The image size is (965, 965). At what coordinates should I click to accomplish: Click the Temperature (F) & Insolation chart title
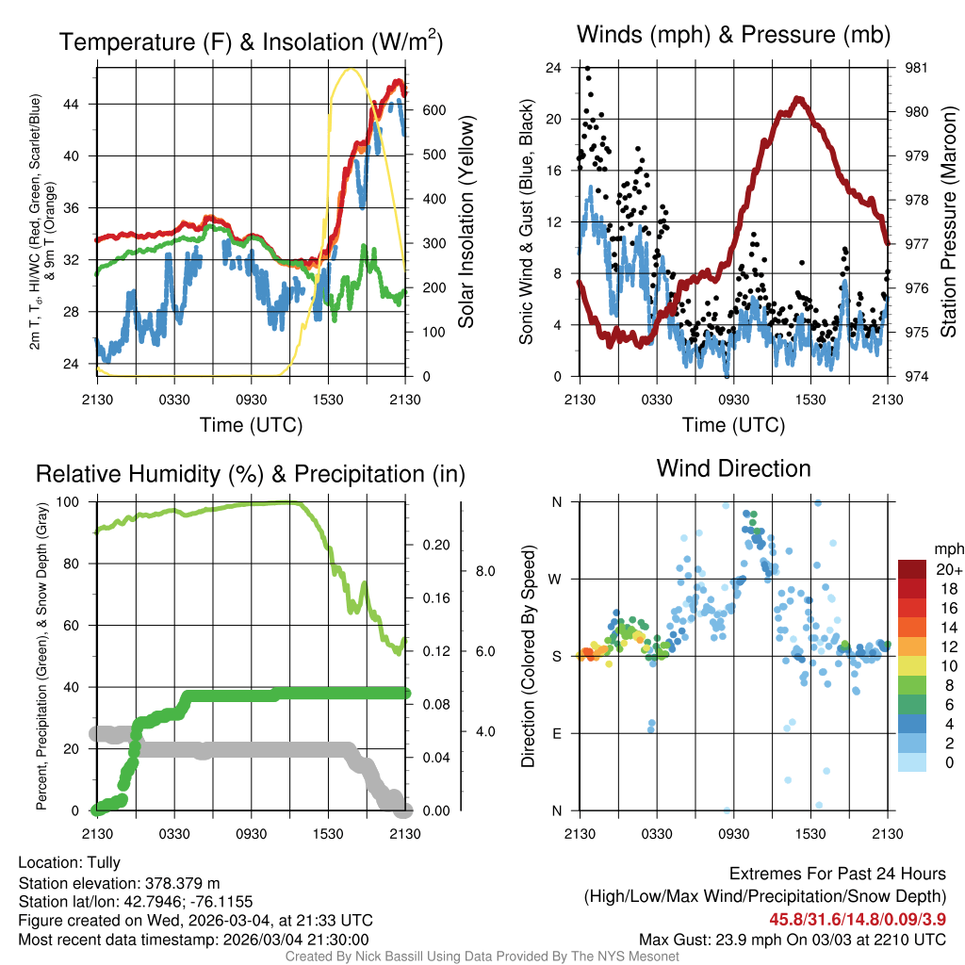(x=251, y=41)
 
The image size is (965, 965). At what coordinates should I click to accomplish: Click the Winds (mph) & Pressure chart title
(x=734, y=35)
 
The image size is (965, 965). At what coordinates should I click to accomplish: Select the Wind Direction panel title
(x=733, y=468)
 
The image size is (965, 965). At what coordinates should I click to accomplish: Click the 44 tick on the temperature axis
(x=82, y=104)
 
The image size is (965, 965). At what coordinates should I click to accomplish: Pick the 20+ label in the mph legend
(x=948, y=570)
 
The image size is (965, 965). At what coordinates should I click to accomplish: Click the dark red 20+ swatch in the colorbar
(x=912, y=569)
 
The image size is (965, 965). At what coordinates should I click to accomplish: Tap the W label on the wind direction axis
(x=556, y=579)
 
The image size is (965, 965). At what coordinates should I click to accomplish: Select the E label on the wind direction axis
(x=557, y=733)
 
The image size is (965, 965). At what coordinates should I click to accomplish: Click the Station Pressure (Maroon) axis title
(x=949, y=222)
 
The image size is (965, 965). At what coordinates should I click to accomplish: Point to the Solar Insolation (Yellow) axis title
(x=466, y=222)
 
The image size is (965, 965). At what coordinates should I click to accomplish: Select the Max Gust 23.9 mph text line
(x=793, y=939)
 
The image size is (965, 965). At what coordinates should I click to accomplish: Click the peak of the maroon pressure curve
(x=798, y=99)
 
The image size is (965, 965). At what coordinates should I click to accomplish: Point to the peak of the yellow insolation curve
(x=351, y=68)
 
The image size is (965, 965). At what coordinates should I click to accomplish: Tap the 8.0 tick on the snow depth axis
(x=484, y=571)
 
